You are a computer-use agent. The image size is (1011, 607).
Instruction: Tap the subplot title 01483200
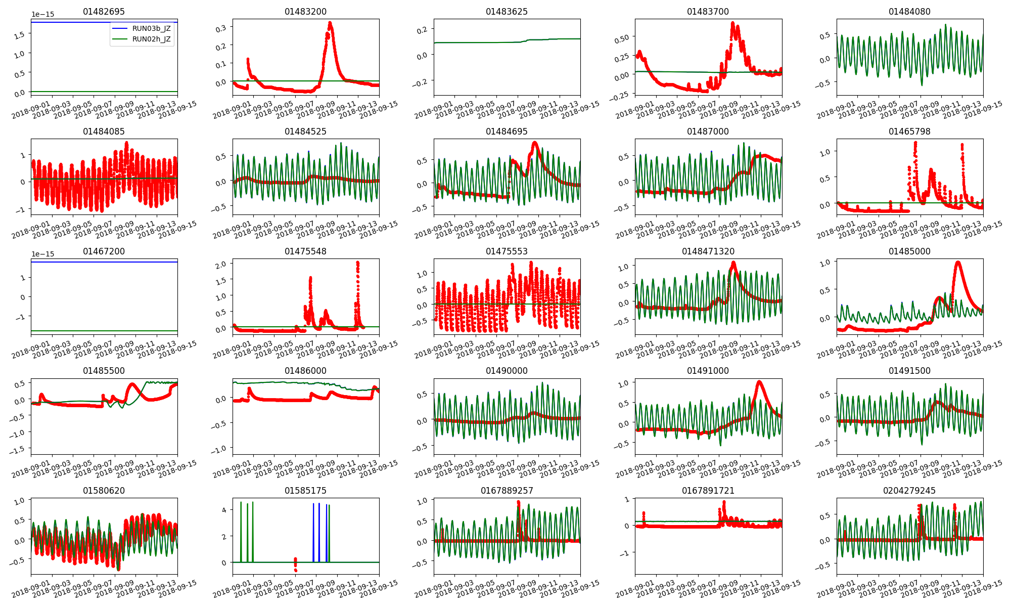click(305, 12)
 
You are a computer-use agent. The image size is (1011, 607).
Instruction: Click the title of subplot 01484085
click(104, 132)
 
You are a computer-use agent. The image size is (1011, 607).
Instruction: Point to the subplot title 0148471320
click(708, 251)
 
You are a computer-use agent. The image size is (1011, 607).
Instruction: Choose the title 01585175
click(305, 491)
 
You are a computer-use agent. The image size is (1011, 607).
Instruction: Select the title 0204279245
click(909, 491)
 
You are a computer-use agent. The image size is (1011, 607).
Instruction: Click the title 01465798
click(909, 132)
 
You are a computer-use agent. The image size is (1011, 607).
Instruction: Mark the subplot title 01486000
click(305, 371)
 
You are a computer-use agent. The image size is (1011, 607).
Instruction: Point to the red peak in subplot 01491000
click(759, 382)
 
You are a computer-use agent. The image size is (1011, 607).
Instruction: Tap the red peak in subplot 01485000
click(958, 263)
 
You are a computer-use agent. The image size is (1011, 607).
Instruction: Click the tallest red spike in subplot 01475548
click(357, 263)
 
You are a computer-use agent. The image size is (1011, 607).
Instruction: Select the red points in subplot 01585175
click(295, 564)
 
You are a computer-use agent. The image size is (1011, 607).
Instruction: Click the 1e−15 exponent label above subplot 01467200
click(42, 254)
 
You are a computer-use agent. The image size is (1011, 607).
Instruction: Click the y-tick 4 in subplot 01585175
click(224, 510)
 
